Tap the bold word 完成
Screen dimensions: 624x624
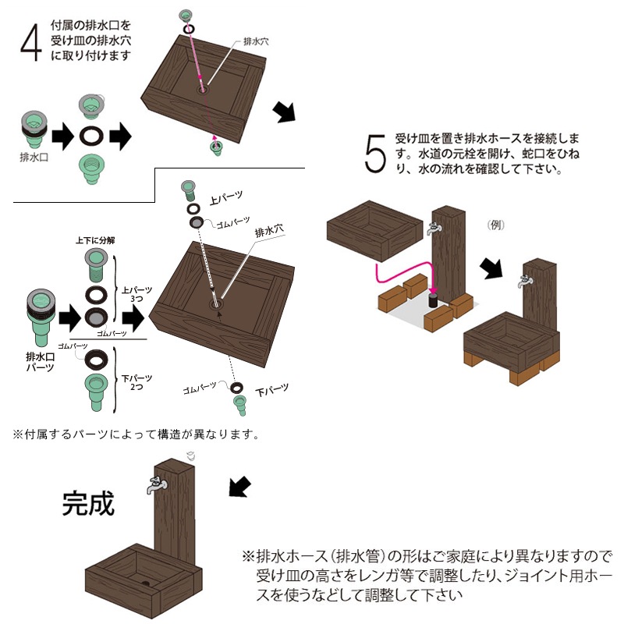pyautogui.click(x=88, y=504)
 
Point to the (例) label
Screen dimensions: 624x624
pyautogui.click(x=497, y=225)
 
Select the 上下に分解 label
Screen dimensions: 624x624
pyautogui.click(x=95, y=240)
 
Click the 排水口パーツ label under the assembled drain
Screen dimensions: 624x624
pyautogui.click(x=39, y=361)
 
